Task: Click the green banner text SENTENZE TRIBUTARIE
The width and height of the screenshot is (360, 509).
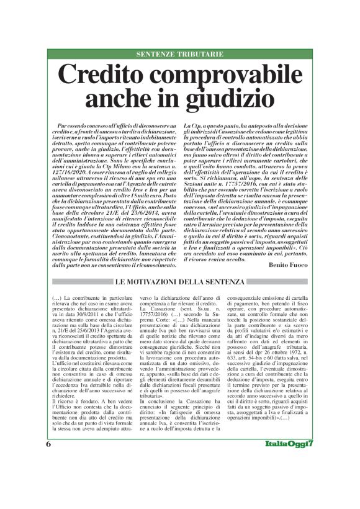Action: [180, 54]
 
